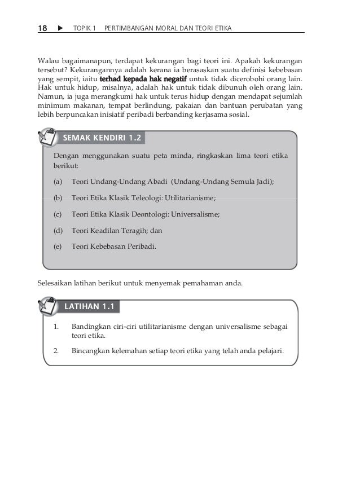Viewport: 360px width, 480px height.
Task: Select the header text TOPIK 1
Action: point(85,28)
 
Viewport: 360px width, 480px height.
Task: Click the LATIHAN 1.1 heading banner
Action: point(90,307)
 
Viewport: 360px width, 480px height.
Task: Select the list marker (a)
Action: point(58,182)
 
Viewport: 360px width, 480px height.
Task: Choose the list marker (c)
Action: point(58,214)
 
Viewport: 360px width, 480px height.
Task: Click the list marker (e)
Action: point(58,246)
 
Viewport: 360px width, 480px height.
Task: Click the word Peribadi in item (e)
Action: point(143,246)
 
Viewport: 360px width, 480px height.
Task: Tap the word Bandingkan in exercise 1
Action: point(90,327)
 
